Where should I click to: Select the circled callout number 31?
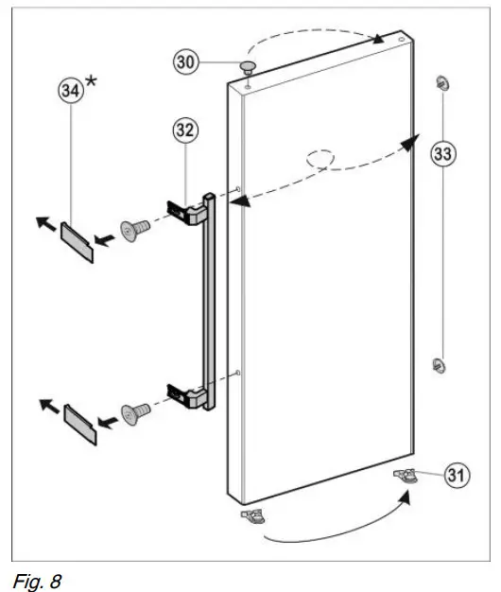458,477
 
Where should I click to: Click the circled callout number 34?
69,90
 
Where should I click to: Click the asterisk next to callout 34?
92,81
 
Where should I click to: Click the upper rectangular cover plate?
77,241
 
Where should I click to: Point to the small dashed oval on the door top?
319,157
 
